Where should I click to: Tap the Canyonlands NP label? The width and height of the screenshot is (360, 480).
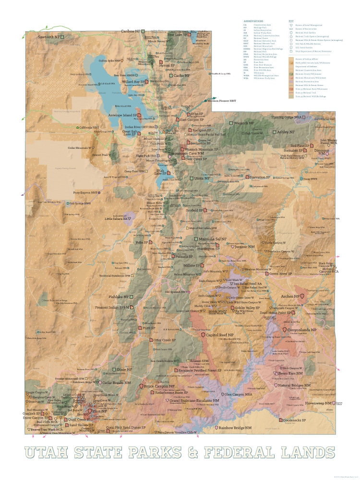click(302, 330)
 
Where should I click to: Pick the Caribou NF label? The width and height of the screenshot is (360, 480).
click(130, 31)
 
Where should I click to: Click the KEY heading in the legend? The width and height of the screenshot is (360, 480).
click(291, 21)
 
